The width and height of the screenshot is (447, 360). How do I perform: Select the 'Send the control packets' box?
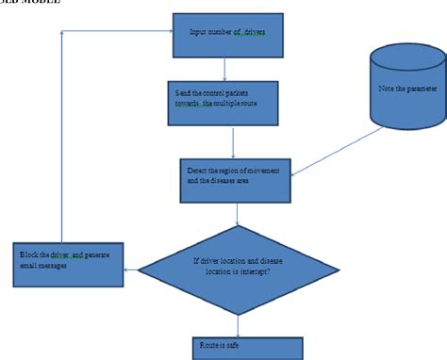pyautogui.click(x=223, y=102)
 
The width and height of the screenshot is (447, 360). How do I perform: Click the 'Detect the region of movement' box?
pyautogui.click(x=236, y=179)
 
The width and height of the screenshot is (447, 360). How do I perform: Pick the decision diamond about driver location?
pyautogui.click(x=236, y=270)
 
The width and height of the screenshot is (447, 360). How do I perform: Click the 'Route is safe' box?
pyautogui.click(x=247, y=348)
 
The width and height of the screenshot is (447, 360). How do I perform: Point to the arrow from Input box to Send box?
pyautogui.click(x=223, y=68)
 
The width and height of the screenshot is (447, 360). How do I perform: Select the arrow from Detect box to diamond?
pyautogui.click(x=236, y=214)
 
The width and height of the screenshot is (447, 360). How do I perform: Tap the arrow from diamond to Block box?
pyautogui.click(x=131, y=270)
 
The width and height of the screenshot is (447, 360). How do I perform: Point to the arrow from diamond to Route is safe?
pyautogui.click(x=236, y=324)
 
